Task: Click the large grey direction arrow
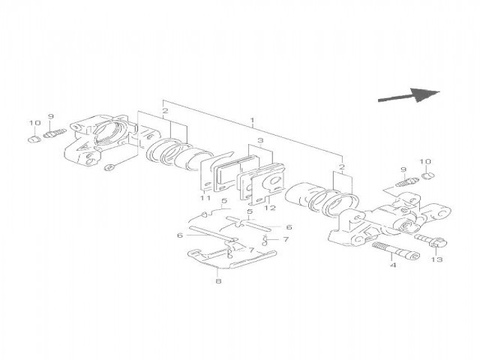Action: [409, 95]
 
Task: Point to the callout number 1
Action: [253, 120]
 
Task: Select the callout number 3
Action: [259, 140]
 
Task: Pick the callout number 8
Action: [217, 281]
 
